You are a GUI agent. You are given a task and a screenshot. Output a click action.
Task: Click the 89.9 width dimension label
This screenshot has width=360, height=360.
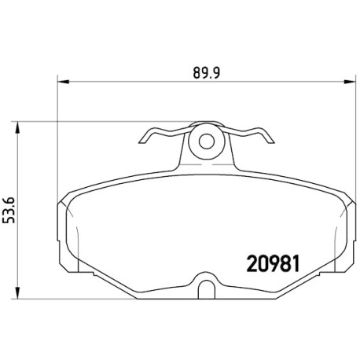(x=207, y=73)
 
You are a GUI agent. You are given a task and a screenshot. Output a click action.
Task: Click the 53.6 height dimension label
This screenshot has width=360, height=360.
(x=9, y=211)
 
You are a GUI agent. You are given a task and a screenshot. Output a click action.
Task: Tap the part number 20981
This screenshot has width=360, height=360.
(x=274, y=264)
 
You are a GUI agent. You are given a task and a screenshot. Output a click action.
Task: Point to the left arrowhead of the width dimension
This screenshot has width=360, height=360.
(x=63, y=82)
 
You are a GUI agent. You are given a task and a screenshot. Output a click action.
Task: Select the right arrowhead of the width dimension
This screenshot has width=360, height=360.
(x=350, y=82)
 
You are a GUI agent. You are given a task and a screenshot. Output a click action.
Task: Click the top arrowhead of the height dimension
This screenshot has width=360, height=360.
(x=17, y=127)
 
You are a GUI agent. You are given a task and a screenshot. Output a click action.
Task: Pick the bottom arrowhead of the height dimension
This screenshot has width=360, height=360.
(x=17, y=292)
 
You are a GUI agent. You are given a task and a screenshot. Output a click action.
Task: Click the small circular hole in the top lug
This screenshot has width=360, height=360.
(x=207, y=141)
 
